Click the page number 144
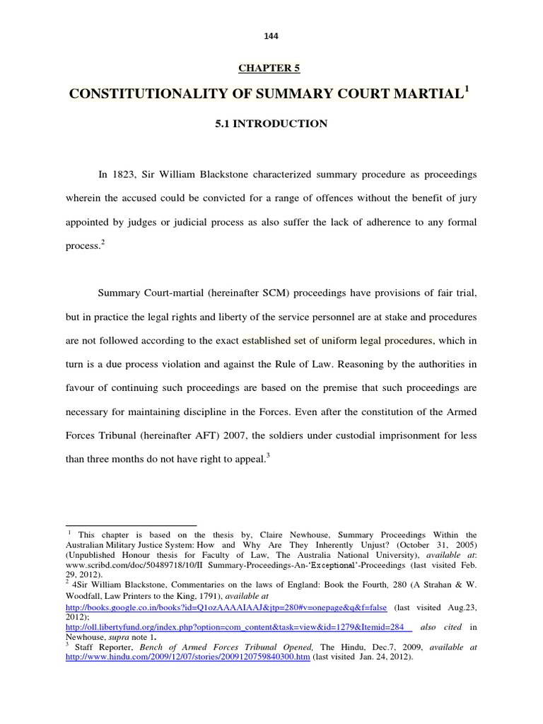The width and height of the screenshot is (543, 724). pyautogui.click(x=271, y=36)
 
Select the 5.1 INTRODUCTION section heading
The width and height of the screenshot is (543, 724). pyautogui.click(x=271, y=124)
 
